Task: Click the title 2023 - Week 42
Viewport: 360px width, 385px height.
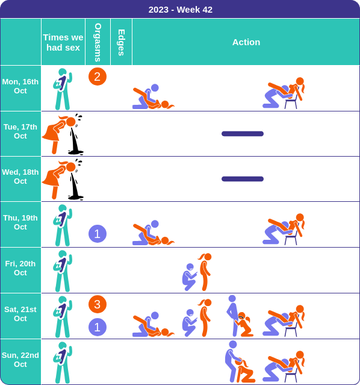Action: pos(181,10)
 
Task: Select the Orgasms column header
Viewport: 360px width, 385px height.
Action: pos(98,42)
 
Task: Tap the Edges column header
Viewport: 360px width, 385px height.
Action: pos(121,43)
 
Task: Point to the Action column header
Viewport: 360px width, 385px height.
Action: pos(246,42)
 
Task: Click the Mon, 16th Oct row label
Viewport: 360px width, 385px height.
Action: pos(20,86)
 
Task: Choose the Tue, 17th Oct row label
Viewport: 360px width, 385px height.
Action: pos(20,131)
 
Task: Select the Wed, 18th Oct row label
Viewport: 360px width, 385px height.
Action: pos(20,177)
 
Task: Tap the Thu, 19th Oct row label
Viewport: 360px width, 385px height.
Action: pos(20,222)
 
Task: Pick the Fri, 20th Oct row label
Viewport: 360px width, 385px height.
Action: pos(20,268)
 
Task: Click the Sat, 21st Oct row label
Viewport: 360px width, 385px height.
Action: pos(20,314)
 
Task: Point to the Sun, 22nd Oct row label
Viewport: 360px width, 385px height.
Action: pos(20,360)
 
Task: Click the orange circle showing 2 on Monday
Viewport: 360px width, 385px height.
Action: pos(98,77)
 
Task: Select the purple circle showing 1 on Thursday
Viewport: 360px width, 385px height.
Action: pos(98,234)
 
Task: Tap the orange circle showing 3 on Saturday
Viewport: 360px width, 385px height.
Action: pos(98,304)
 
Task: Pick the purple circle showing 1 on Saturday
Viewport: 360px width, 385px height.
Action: pos(98,327)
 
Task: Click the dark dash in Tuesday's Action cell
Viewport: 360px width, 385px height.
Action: pos(243,134)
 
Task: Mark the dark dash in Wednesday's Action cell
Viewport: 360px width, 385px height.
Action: pos(243,179)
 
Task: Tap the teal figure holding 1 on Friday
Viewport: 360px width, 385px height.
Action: pos(63,271)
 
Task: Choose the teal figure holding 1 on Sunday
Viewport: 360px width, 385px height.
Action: pos(63,363)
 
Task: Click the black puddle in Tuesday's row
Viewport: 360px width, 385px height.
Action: pos(75,145)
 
